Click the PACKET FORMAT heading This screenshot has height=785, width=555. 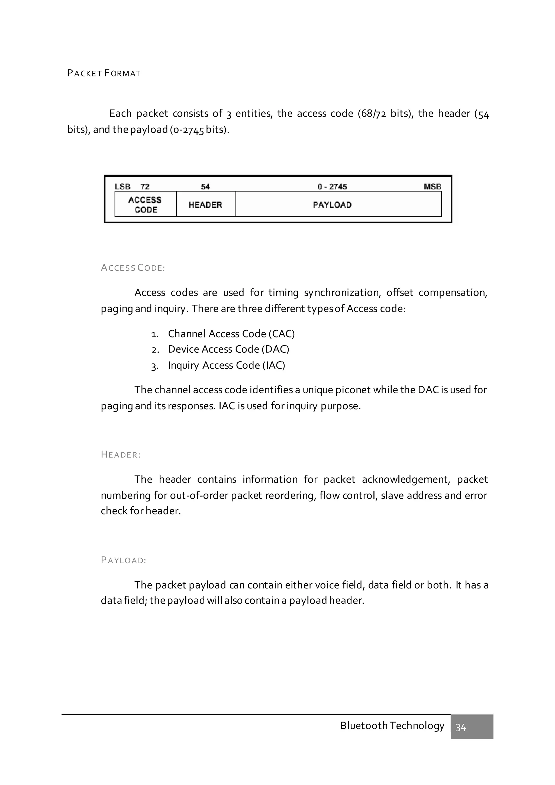104,73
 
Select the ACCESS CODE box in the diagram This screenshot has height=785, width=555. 145,204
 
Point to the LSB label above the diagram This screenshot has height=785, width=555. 122,187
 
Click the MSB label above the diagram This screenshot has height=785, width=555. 432,187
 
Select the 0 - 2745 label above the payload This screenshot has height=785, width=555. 332,187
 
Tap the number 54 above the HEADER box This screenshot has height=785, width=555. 205,187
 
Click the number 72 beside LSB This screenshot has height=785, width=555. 145,187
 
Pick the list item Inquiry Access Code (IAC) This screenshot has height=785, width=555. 226,365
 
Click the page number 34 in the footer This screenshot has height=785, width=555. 461,728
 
